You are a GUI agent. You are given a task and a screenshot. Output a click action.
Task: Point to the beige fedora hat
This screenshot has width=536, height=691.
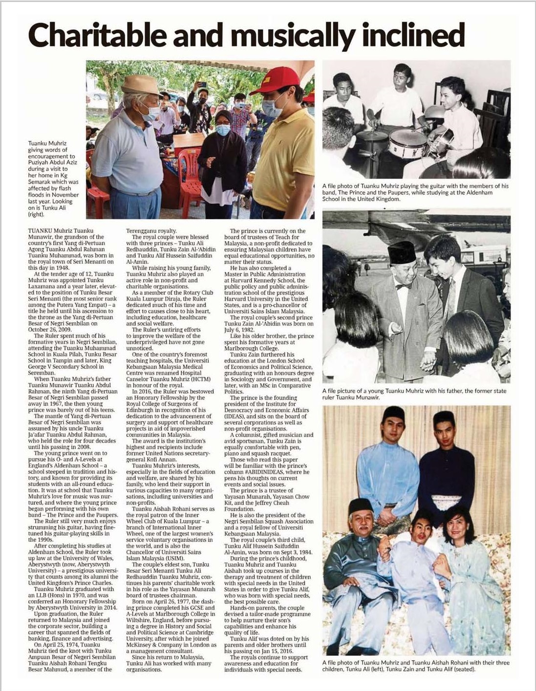click(x=140, y=84)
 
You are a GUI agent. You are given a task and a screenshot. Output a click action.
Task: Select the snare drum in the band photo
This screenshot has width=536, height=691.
click(x=407, y=143)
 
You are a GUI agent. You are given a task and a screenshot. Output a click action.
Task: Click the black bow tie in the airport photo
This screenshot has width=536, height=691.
click(x=404, y=286)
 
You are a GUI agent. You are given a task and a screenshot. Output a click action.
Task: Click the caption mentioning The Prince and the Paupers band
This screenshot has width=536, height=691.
click(x=415, y=192)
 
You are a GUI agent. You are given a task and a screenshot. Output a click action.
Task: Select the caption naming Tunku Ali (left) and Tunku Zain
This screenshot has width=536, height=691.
click(x=415, y=666)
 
